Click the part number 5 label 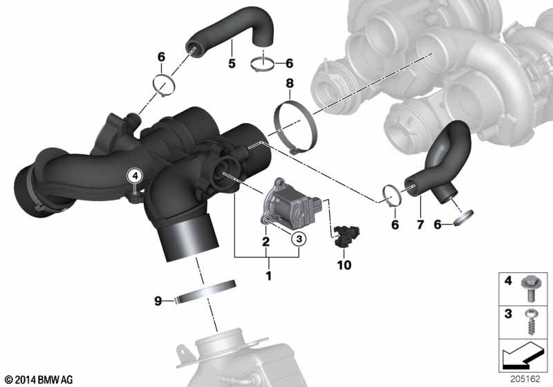[232, 64]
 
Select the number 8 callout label [290, 84]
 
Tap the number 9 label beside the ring [158, 301]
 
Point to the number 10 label [344, 265]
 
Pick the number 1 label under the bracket [268, 276]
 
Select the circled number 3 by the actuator [299, 238]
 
